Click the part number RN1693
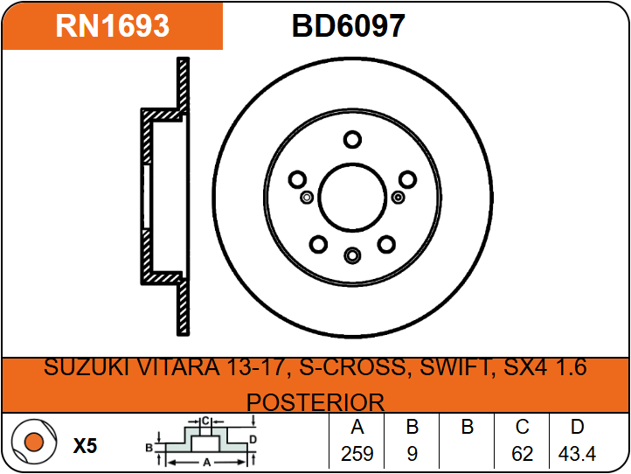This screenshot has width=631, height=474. click(112, 25)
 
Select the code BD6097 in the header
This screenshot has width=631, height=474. click(348, 25)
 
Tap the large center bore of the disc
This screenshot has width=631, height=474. click(352, 198)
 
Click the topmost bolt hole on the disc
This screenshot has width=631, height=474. click(352, 139)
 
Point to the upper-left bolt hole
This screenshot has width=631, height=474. click(297, 179)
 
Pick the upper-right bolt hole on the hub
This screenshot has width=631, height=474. click(407, 179)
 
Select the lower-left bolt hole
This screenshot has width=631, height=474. click(318, 244)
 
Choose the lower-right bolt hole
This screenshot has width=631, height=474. click(386, 244)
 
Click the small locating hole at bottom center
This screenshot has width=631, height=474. click(352, 255)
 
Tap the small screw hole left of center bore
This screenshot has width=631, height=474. click(307, 198)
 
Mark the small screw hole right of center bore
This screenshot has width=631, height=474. click(398, 198)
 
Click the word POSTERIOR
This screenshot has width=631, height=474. click(315, 402)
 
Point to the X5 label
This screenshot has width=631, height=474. click(85, 446)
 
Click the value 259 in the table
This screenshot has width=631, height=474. click(357, 454)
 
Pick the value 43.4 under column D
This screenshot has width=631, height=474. click(577, 454)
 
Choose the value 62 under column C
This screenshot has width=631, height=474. click(523, 454)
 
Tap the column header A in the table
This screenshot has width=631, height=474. click(357, 427)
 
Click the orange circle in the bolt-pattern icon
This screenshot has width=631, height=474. click(34, 442)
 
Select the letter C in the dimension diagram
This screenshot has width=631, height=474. click(205, 422)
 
